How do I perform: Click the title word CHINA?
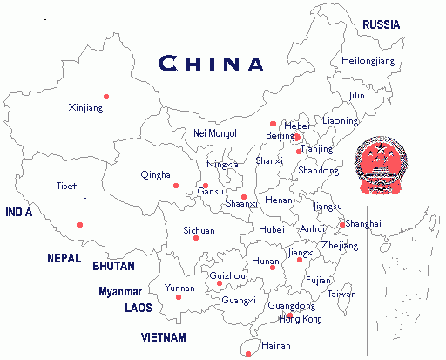[x=213, y=64]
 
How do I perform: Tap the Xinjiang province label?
[x=85, y=108]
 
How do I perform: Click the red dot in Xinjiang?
[x=106, y=96]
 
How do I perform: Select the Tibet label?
[x=66, y=187]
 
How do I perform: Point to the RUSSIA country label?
[x=382, y=25]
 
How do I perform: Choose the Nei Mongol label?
[x=214, y=133]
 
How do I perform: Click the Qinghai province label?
[x=157, y=175]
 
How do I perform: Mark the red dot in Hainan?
[x=248, y=353]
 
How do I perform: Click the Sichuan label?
[x=199, y=231]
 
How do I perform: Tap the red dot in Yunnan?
[x=179, y=298]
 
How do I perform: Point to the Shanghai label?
[x=362, y=224]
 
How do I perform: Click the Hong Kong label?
[x=301, y=319]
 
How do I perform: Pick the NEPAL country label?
[x=64, y=258]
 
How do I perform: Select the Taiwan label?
[x=341, y=295]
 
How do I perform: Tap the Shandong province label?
[x=318, y=171]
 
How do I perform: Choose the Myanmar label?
[x=120, y=291]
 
